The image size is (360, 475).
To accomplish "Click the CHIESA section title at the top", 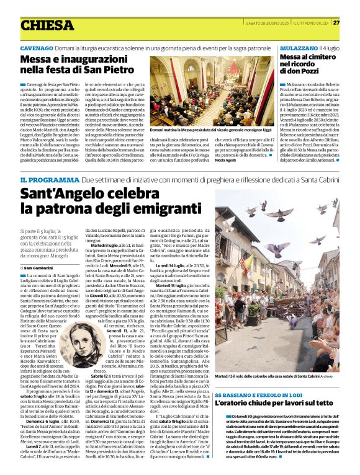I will click(47, 25).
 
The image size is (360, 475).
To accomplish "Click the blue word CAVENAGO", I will click(36, 48).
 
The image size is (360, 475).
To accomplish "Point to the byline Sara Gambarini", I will click(41, 267).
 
